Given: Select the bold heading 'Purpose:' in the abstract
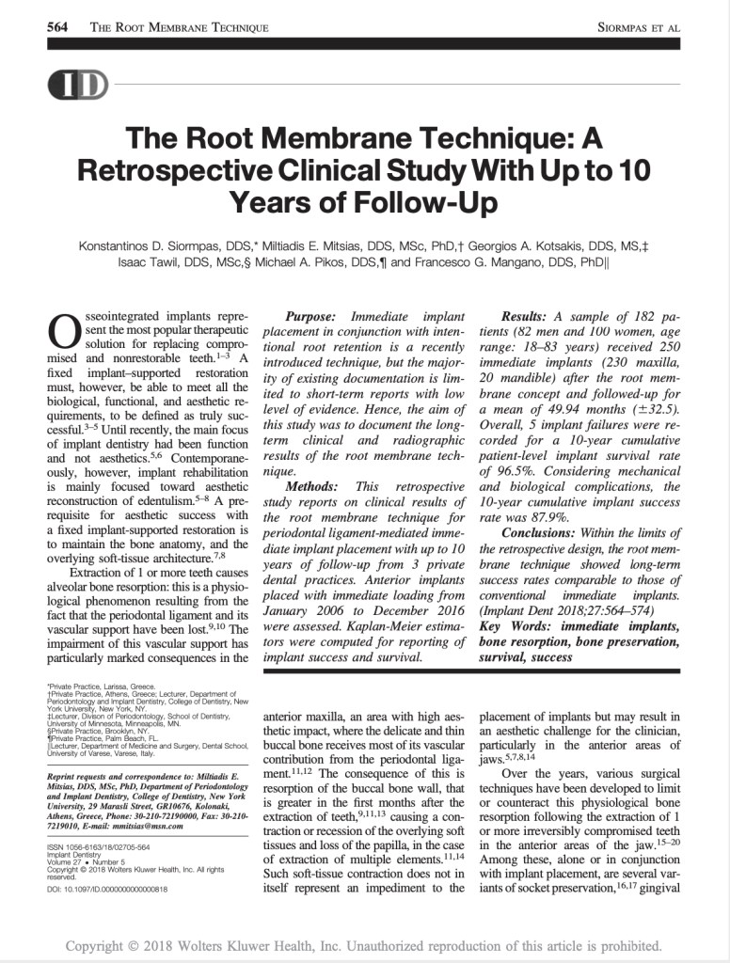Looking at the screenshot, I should coord(314,317).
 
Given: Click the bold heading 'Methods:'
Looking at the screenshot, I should coord(315,486).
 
